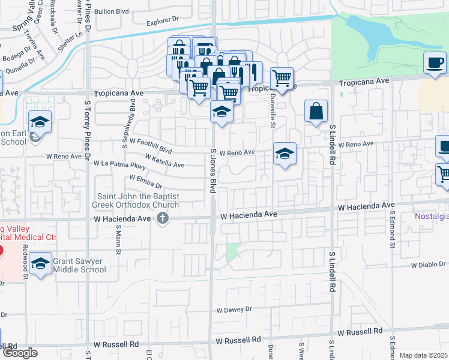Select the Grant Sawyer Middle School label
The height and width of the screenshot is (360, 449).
(x=79, y=265)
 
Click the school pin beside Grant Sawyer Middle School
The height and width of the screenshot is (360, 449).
(x=40, y=263)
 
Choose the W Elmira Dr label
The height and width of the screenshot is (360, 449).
(x=146, y=181)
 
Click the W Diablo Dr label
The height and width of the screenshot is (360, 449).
(x=429, y=264)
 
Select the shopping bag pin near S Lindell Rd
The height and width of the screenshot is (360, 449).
(x=316, y=111)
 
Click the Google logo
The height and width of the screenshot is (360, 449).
(x=20, y=353)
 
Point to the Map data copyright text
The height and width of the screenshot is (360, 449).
(x=424, y=355)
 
